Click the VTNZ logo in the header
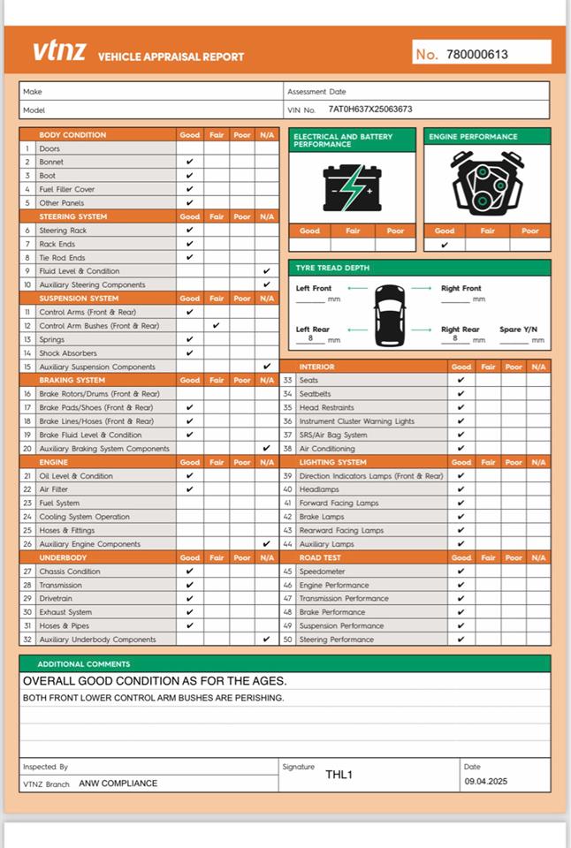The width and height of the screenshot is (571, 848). point(60,51)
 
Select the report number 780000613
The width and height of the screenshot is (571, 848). point(477,54)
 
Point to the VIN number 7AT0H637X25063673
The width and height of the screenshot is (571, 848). point(369,110)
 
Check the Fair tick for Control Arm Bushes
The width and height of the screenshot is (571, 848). point(216,325)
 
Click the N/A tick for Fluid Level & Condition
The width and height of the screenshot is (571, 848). point(267,271)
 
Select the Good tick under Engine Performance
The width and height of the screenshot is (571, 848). point(445,245)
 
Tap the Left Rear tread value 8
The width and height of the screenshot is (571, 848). point(310,338)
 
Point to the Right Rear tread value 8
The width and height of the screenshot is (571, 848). point(455,338)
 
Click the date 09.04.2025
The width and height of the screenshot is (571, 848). point(486,782)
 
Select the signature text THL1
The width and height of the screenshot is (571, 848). point(339,775)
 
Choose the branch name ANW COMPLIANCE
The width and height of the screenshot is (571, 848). point(118,784)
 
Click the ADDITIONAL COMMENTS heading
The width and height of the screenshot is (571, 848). point(83,663)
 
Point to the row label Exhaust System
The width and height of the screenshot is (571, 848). point(65,612)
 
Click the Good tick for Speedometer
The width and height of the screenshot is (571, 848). point(461,572)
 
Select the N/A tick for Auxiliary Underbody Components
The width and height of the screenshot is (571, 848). point(267,639)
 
